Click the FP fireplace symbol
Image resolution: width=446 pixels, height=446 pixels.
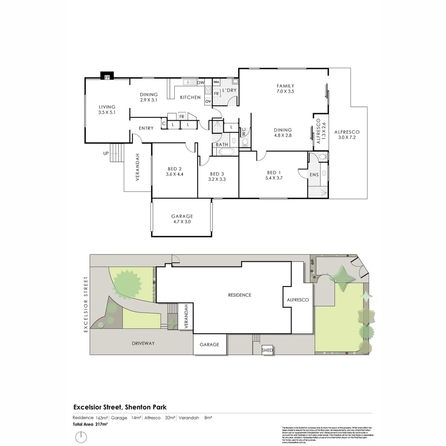[107, 77]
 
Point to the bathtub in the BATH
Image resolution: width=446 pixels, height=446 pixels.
[227, 152]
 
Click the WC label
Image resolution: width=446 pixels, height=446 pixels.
[244, 133]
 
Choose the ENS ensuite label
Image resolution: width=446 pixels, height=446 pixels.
[314, 175]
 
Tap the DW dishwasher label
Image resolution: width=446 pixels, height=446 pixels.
[201, 83]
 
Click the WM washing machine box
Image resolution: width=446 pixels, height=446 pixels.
[216, 83]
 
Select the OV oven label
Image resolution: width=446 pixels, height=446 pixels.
[208, 101]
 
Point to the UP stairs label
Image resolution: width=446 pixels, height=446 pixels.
[106, 153]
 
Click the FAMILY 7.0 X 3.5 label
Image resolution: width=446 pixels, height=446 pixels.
[285, 89]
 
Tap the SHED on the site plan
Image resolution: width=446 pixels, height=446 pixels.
[267, 351]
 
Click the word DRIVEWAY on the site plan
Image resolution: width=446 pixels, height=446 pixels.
[143, 343]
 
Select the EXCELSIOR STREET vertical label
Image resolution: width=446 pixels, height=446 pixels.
[86, 304]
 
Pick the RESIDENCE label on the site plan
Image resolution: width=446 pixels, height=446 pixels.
[240, 295]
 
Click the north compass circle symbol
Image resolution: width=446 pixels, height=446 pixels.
[81, 437]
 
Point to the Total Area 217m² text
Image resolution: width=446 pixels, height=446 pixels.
[90, 424]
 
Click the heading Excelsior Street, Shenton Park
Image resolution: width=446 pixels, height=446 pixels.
[120, 407]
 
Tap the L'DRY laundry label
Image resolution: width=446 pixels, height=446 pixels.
[229, 90]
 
